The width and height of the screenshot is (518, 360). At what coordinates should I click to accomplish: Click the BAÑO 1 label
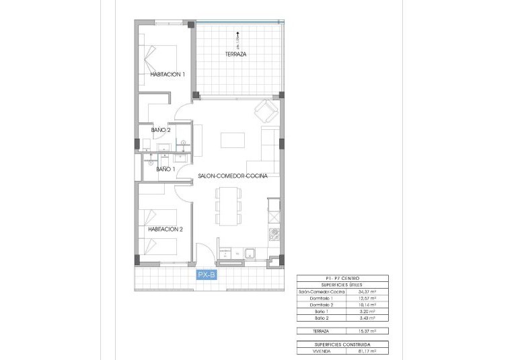166,170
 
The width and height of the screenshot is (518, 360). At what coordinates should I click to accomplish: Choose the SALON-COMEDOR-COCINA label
233,176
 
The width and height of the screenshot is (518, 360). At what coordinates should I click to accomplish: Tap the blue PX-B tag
206,275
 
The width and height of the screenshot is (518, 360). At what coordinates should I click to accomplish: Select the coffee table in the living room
233,139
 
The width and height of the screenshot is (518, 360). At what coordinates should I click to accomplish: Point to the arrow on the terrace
237,35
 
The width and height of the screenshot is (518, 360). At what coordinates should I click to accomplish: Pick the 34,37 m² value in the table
367,291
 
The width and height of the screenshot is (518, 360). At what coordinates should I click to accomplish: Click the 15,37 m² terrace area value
367,331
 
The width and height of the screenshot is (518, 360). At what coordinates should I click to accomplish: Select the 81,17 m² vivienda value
367,351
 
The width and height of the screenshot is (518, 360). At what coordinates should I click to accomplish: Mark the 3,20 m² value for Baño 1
367,312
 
